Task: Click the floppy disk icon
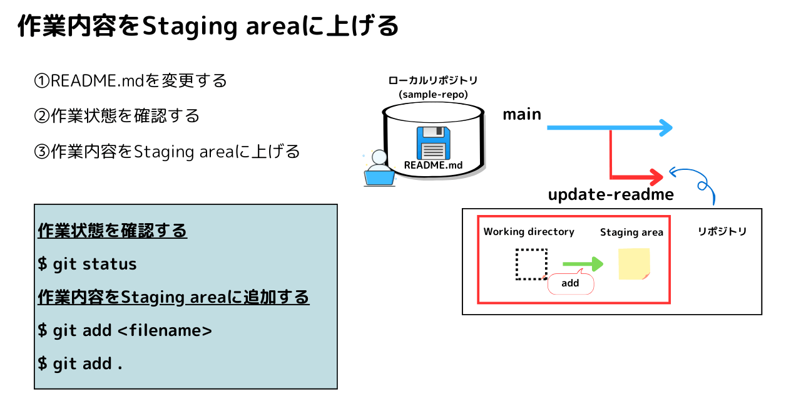[x=433, y=143]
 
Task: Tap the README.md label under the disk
[x=433, y=165]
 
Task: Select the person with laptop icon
[x=379, y=168]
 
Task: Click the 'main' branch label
[x=522, y=114]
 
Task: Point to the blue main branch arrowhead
[x=665, y=128]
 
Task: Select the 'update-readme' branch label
[x=611, y=194]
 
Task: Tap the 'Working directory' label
[x=529, y=232]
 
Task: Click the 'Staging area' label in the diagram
[x=631, y=232]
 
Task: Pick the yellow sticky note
[x=634, y=264]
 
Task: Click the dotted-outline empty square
[x=531, y=264]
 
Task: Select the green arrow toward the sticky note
[x=583, y=264]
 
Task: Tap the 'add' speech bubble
[x=570, y=283]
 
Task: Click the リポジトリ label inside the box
[x=722, y=231]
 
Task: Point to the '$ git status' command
[x=87, y=264]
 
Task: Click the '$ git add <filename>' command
[x=125, y=330]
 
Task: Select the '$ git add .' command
[x=79, y=364]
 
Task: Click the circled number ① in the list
[x=41, y=81]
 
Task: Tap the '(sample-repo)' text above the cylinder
[x=433, y=95]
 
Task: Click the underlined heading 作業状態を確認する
[x=112, y=231]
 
